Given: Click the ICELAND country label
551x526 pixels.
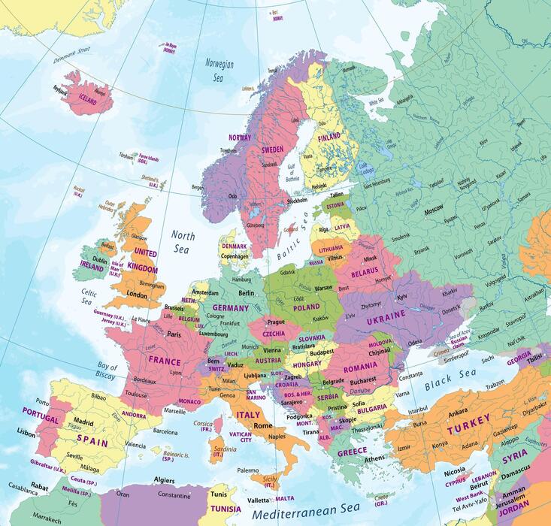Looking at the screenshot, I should (x=88, y=98).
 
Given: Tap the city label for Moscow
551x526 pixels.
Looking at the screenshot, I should (x=434, y=213).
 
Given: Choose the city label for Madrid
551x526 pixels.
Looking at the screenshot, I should (x=83, y=422).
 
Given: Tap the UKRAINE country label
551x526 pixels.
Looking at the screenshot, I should (x=386, y=321).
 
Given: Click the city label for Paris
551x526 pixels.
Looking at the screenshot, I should (x=175, y=334).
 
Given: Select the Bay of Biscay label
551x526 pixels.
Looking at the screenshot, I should (x=107, y=371).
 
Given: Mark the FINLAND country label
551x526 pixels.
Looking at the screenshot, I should (x=328, y=138).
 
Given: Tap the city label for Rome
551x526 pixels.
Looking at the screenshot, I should (x=262, y=426).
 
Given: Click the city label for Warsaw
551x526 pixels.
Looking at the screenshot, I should (x=323, y=288).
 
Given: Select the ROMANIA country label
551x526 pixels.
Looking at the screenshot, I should (x=360, y=369).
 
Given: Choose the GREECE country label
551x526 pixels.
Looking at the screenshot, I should (x=352, y=452).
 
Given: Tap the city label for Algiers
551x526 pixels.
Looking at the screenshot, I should (x=164, y=479).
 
